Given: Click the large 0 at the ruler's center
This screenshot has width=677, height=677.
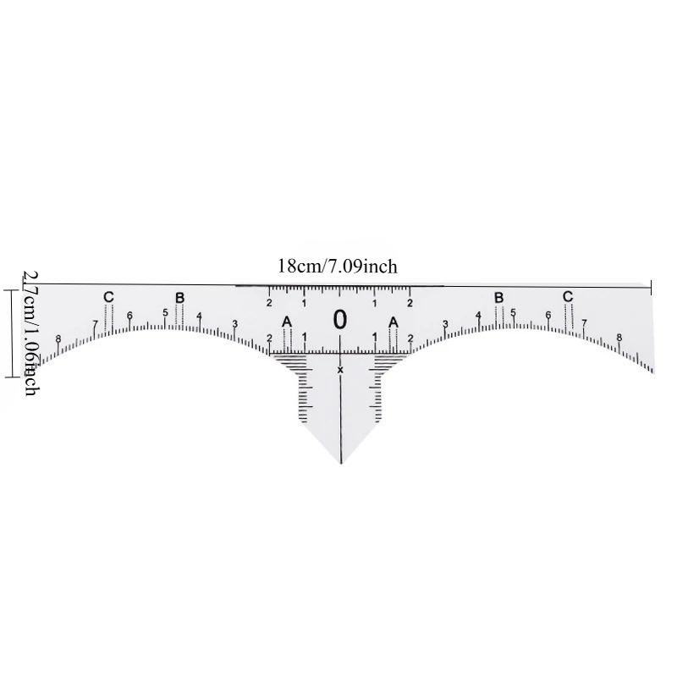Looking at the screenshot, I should coord(340,320).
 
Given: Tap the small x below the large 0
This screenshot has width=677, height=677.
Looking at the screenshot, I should coord(340,369).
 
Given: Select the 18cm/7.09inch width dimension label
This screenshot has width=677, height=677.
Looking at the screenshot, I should coord(338,267).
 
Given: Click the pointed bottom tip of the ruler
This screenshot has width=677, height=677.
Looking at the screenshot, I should coord(340,463).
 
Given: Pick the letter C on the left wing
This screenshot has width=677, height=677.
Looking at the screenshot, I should coord(107,296).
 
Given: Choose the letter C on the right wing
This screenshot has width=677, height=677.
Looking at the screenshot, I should coord(568,296).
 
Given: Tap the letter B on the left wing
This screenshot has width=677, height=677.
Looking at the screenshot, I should coord(179,297).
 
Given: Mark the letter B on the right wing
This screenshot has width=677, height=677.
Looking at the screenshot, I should coord(498,297).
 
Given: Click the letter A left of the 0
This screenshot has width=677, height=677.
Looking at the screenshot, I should coord(286,322).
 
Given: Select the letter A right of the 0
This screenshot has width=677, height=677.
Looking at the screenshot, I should coord(394,322).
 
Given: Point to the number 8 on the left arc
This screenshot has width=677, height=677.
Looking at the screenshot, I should coord(58,339).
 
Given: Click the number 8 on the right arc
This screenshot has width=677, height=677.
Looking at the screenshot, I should coord(619,338).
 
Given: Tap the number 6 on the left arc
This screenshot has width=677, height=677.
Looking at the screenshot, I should coord(129,316).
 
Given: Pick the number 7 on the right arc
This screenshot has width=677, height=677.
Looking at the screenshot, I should coord(584,322).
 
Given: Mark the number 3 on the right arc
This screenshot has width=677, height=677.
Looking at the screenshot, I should coord(445,324).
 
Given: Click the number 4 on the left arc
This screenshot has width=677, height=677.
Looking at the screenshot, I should coord(200,316).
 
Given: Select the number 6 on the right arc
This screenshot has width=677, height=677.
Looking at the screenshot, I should coord(548,316).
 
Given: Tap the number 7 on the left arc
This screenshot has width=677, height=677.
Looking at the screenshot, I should coord(94,323).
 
